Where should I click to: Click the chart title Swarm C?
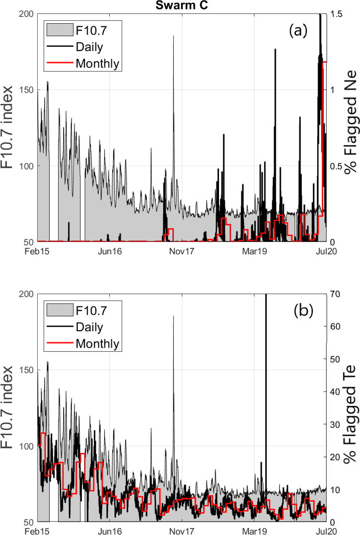[180, 6]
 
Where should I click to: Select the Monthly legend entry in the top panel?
[97, 63]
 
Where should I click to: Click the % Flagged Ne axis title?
[352, 128]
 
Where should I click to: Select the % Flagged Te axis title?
[352, 407]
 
